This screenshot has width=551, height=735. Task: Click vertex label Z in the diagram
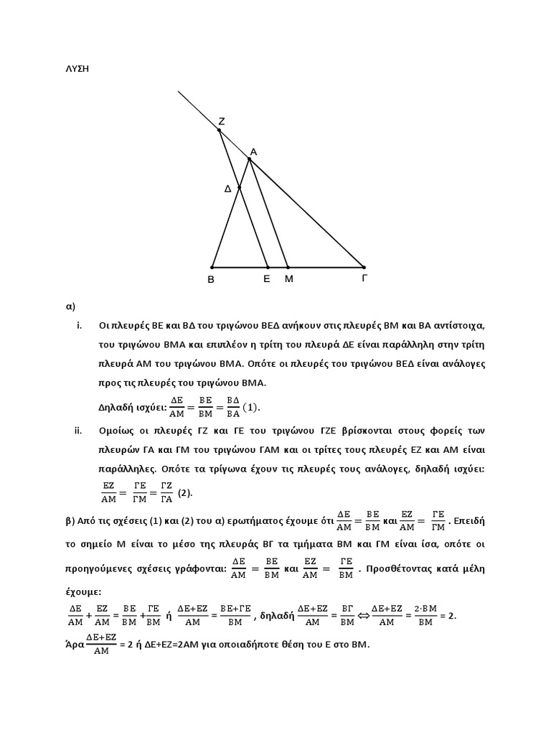click(x=222, y=122)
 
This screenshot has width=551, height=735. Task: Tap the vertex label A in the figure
click(x=253, y=151)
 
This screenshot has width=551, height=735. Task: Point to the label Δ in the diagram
click(x=228, y=189)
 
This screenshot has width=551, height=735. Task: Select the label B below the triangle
click(x=211, y=280)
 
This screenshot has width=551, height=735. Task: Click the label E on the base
click(x=267, y=279)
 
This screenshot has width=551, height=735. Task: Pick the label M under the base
click(x=289, y=279)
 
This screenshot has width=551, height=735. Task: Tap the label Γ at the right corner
click(x=364, y=278)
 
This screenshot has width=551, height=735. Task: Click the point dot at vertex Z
click(x=220, y=131)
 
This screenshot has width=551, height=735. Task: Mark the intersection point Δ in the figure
click(x=240, y=188)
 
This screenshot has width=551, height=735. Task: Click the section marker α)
click(x=71, y=306)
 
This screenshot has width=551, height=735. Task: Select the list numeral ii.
click(x=79, y=431)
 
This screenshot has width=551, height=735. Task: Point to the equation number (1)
click(x=250, y=408)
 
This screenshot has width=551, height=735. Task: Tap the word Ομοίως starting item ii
click(x=118, y=431)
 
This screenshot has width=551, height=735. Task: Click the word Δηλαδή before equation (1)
click(x=118, y=408)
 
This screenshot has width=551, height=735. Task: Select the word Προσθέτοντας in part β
click(x=403, y=568)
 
